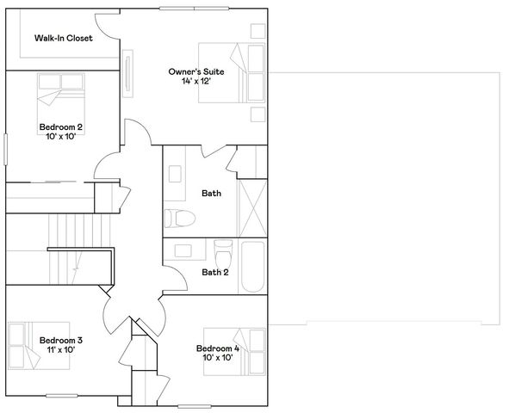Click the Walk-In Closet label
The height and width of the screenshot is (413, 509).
tap(63, 39)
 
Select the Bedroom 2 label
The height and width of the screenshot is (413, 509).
tap(61, 127)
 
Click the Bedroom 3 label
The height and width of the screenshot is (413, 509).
tap(60, 340)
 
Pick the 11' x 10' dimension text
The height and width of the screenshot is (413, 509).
tap(59, 350)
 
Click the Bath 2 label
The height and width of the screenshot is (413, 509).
tap(214, 273)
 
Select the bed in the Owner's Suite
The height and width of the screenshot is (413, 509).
tap(233, 73)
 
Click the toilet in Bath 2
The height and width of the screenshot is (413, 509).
tap(222, 256)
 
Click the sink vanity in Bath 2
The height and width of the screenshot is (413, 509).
tap(184, 252)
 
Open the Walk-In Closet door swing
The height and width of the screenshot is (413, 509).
tap(105, 26)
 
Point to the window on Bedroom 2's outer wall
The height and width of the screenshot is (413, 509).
tap(5, 149)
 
